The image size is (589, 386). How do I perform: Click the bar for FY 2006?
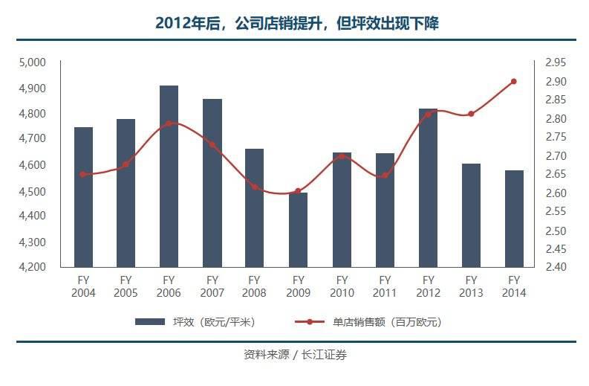pyautogui.click(x=169, y=176)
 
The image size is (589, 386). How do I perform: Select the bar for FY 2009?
pyautogui.click(x=299, y=229)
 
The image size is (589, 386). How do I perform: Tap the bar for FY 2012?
pyautogui.click(x=428, y=187)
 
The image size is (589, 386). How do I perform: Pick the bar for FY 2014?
pyautogui.click(x=514, y=218)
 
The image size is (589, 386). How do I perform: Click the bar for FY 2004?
pyautogui.click(x=84, y=196)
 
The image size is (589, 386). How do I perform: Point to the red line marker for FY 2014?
pyautogui.click(x=514, y=81)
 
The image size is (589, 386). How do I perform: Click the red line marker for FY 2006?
pyautogui.click(x=169, y=123)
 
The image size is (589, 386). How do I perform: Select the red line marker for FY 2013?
pyautogui.click(x=471, y=114)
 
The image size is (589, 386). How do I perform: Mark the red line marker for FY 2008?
pyautogui.click(x=255, y=187)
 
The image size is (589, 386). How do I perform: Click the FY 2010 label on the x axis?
pyautogui.click(x=342, y=286)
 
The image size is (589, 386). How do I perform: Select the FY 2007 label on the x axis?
pyautogui.click(x=212, y=286)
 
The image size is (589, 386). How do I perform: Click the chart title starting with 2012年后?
pyautogui.click(x=296, y=24)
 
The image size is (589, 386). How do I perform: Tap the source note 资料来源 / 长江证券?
pyautogui.click(x=295, y=355)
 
